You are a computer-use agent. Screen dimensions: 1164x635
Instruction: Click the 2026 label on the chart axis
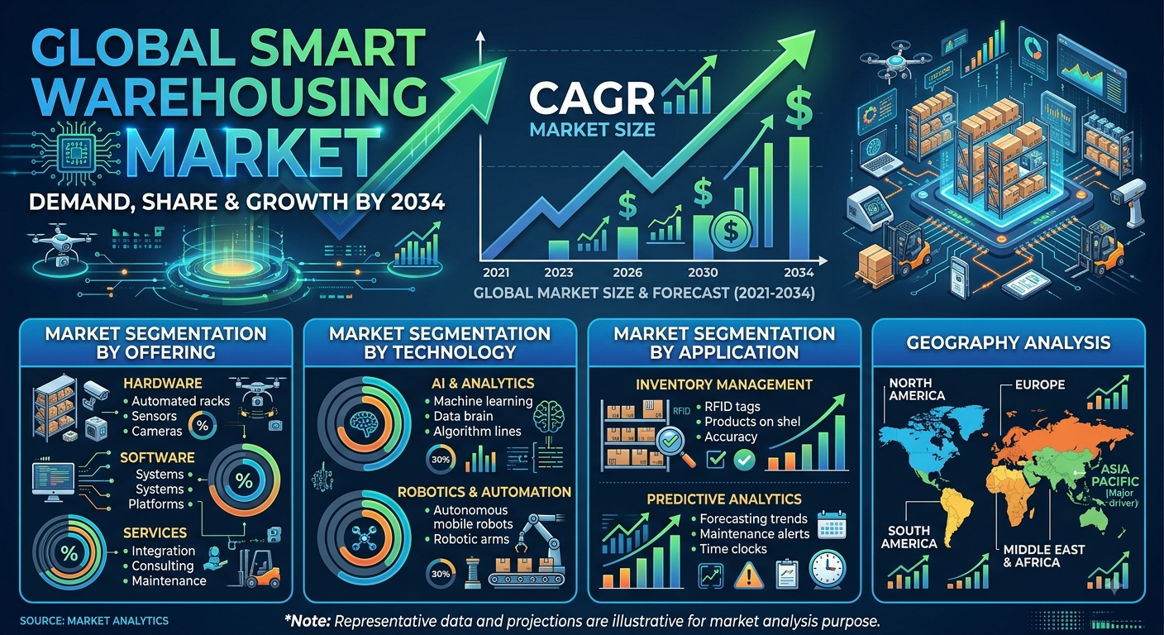627,272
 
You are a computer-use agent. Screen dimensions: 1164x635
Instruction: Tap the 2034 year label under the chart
799,272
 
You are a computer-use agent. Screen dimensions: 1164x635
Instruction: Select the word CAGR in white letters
592,99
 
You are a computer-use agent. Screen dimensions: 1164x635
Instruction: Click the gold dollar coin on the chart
731,231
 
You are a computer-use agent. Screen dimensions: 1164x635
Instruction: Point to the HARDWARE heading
163,384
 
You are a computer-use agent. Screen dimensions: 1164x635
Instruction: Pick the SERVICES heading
155,532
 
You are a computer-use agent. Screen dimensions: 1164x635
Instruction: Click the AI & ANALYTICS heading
483,384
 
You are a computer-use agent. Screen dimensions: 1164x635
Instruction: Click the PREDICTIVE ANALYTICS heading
724,499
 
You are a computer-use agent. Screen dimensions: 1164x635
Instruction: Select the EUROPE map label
1040,385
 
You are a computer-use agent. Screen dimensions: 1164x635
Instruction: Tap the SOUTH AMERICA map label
909,537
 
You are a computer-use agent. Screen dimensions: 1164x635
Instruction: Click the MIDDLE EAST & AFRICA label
1044,556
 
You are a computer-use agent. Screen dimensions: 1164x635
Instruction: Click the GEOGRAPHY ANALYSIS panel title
1008,343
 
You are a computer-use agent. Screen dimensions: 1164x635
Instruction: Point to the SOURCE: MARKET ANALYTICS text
94,620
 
